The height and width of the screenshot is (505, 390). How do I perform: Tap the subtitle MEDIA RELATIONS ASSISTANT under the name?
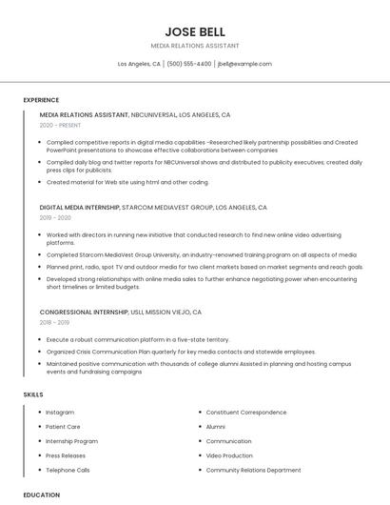click(194, 46)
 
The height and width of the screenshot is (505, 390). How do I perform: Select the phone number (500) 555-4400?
click(189, 64)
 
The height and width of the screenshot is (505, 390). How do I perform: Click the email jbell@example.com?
click(244, 64)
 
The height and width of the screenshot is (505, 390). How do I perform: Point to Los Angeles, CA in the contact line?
click(139, 64)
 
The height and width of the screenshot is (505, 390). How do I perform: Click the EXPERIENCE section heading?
click(41, 99)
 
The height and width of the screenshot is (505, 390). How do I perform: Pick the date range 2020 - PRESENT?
click(60, 125)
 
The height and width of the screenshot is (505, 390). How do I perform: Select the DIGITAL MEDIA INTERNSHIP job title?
click(80, 207)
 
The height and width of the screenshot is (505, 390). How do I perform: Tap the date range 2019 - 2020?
click(55, 217)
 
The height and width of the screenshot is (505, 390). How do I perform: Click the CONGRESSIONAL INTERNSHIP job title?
click(84, 312)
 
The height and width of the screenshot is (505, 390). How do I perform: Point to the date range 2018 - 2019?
click(55, 322)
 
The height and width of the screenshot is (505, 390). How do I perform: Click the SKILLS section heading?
click(33, 394)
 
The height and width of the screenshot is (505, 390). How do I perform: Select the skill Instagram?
click(60, 413)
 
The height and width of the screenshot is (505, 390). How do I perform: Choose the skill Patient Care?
click(63, 427)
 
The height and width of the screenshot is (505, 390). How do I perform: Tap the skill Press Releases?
click(66, 455)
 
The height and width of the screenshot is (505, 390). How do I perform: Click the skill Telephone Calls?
click(68, 470)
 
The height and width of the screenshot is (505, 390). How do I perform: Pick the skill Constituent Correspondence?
click(245, 413)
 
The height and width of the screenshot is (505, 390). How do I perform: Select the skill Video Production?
click(229, 455)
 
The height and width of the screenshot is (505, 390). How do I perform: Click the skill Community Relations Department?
click(253, 470)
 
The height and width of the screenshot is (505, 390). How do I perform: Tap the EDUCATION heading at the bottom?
click(41, 495)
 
